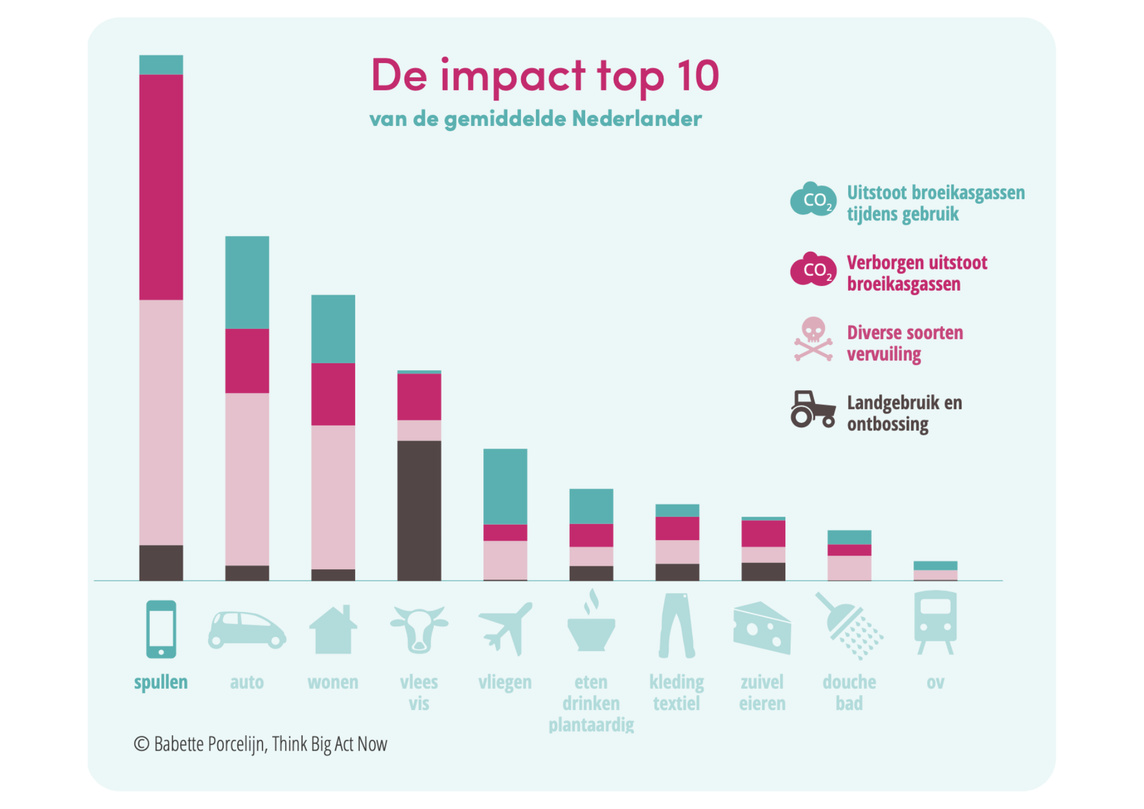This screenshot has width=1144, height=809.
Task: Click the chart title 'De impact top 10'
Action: (x=545, y=76)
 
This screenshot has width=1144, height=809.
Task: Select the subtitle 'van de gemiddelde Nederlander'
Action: (x=535, y=119)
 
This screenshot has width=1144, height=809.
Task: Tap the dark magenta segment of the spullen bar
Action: (x=161, y=187)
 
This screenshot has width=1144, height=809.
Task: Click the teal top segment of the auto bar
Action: (x=247, y=282)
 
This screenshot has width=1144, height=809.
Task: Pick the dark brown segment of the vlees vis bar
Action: (x=419, y=510)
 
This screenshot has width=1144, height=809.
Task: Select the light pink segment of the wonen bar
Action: (x=333, y=497)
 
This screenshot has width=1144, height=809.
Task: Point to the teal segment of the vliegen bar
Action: (x=505, y=486)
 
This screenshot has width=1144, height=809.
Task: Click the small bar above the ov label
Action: (x=935, y=571)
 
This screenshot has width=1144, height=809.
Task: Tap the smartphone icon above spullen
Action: (x=161, y=629)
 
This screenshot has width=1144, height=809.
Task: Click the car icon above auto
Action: (x=247, y=630)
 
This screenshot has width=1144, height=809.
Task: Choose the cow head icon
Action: (x=419, y=629)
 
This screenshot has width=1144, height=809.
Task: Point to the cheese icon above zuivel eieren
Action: (x=762, y=628)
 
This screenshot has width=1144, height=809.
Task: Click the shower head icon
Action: (x=849, y=626)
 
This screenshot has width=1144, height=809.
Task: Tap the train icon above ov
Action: (x=935, y=622)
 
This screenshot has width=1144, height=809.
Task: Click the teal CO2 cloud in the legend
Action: (x=813, y=199)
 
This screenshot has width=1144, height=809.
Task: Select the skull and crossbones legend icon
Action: (x=813, y=339)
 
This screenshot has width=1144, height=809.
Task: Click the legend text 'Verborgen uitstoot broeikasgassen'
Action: (x=917, y=273)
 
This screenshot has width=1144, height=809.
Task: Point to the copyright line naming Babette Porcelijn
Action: (x=261, y=744)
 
